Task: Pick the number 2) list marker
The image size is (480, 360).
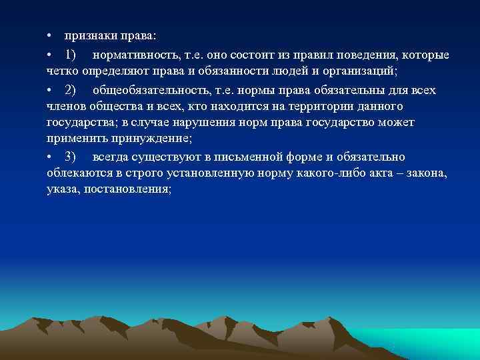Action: coord(71,89)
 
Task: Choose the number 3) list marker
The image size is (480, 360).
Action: coord(71,157)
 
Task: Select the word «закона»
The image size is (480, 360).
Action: coord(427,173)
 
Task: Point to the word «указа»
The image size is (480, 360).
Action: coord(63,189)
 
